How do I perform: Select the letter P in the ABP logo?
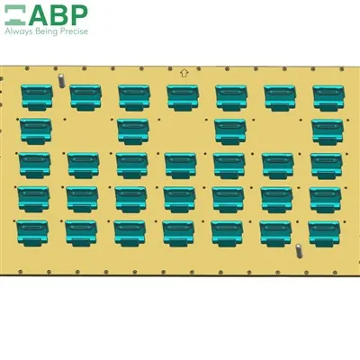pyautogui.click(x=79, y=15)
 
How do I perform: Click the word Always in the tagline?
pyautogui.click(x=18, y=31)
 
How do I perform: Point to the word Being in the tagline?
pyautogui.click(x=47, y=31)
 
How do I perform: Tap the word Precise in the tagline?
pyautogui.click(x=74, y=31)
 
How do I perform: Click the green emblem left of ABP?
pyautogui.click(x=15, y=15)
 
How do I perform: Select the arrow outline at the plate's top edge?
pyautogui.click(x=184, y=72)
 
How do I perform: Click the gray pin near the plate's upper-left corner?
pyautogui.click(x=61, y=80)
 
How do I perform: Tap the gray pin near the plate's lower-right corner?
pyautogui.click(x=299, y=251)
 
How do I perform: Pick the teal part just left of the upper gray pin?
pyautogui.click(x=37, y=97)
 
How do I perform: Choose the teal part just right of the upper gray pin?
pyautogui.click(x=85, y=97)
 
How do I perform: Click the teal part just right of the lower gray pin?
pyautogui.click(x=324, y=234)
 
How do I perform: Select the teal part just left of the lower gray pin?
pyautogui.click(x=275, y=234)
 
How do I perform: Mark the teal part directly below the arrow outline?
pyautogui.click(x=183, y=98)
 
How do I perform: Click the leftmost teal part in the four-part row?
pyautogui.click(x=36, y=131)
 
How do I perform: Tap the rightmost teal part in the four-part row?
pyautogui.click(x=328, y=132)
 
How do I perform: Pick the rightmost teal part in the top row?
pyautogui.click(x=328, y=98)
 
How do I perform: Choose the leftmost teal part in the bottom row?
pyautogui.click(x=32, y=233)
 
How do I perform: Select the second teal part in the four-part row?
pyautogui.click(x=133, y=131)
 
